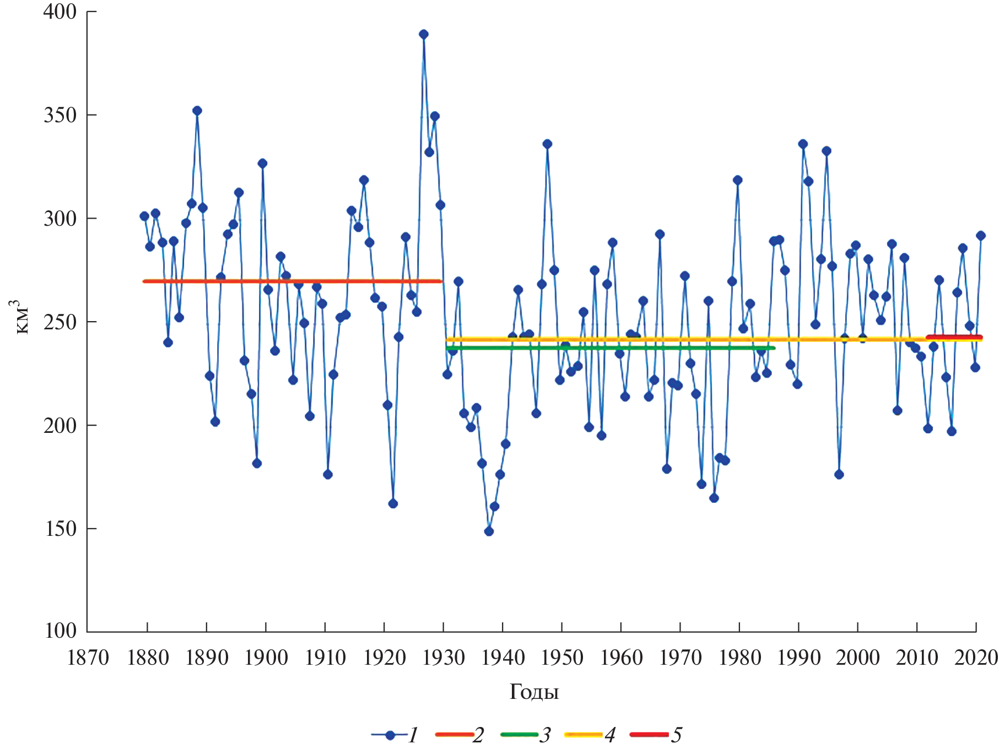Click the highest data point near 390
click(x=423, y=34)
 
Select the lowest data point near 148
click(x=489, y=531)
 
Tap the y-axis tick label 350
click(x=60, y=116)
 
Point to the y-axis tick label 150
click(x=60, y=529)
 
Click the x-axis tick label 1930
click(x=444, y=658)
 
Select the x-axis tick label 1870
click(x=88, y=658)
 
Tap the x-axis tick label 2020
click(x=976, y=658)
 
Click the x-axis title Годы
click(x=534, y=692)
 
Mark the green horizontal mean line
click(x=606, y=348)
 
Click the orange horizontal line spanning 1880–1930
click(x=292, y=281)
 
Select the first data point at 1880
click(x=144, y=216)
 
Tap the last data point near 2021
click(x=981, y=236)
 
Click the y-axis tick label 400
click(x=60, y=12)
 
